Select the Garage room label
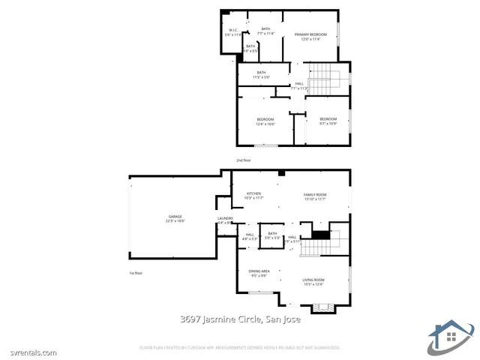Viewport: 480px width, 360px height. click(x=175, y=218)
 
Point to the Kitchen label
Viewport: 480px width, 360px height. click(x=254, y=196)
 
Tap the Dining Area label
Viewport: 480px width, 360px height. click(x=259, y=273)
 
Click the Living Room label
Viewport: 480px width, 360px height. click(x=313, y=281)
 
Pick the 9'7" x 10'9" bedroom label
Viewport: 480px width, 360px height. click(x=328, y=121)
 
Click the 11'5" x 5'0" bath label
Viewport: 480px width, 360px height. click(x=261, y=74)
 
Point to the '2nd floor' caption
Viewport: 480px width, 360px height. click(x=244, y=160)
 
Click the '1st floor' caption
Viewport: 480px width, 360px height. click(x=135, y=273)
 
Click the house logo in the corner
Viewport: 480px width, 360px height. click(x=450, y=334)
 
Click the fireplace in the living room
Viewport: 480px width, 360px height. click(x=323, y=307)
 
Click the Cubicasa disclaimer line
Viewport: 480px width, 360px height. click(x=240, y=348)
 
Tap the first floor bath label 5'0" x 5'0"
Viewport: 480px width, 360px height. click(x=271, y=235)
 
